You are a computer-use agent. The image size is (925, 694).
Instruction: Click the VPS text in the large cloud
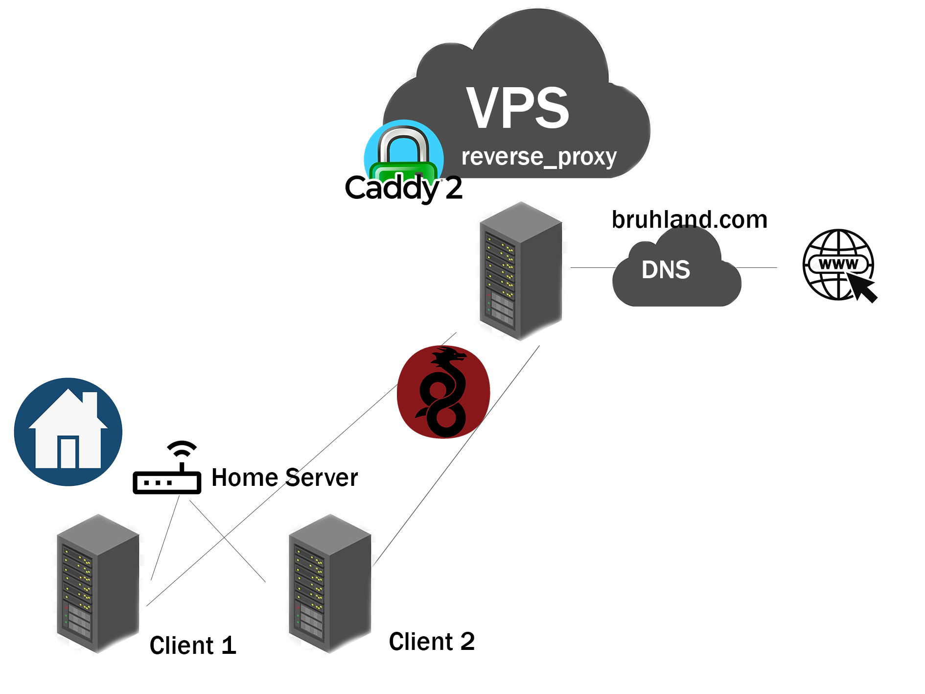click(x=517, y=108)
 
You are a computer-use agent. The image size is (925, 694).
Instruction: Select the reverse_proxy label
click(x=539, y=157)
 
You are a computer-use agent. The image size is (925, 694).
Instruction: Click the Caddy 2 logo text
click(x=403, y=188)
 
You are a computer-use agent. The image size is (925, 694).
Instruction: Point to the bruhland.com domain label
click(x=689, y=219)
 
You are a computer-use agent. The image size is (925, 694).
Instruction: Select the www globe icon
click(x=838, y=264)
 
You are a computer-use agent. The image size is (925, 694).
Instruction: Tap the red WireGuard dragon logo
click(x=443, y=392)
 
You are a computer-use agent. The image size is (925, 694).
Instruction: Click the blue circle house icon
click(x=68, y=431)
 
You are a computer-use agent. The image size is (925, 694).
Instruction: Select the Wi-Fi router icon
click(x=167, y=480)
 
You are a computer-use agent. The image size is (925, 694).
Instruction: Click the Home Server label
click(x=284, y=478)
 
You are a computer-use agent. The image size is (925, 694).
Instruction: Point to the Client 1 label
click(x=193, y=645)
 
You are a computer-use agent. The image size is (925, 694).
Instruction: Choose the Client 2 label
click(x=432, y=642)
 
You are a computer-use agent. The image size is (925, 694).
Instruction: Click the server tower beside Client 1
click(x=98, y=583)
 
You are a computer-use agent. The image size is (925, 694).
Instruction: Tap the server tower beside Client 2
click(x=330, y=583)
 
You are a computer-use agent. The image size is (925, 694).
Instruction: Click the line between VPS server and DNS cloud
click(x=592, y=268)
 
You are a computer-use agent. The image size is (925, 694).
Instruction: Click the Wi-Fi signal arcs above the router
click(x=182, y=448)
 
